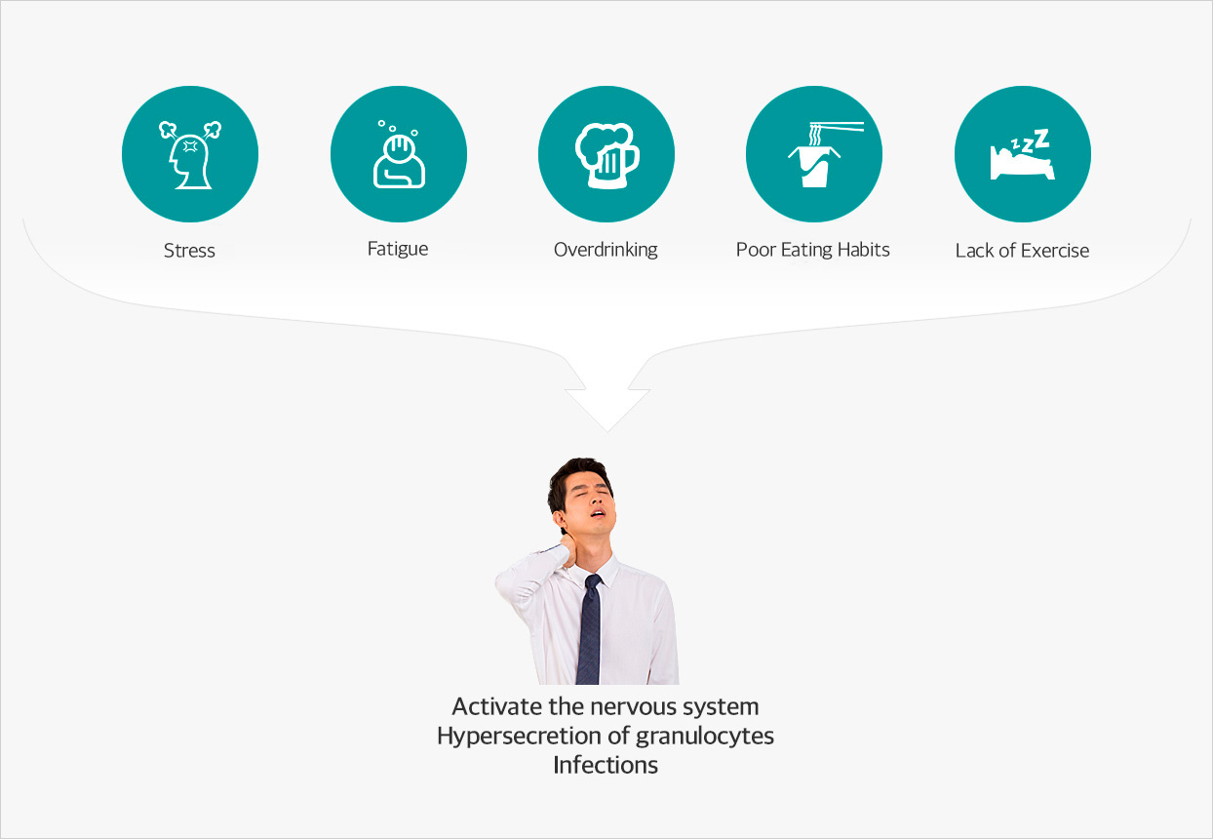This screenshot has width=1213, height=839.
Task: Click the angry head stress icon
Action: click(x=189, y=155)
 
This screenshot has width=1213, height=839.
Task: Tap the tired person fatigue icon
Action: click(x=399, y=154)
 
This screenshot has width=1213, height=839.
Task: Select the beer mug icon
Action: click(x=607, y=156)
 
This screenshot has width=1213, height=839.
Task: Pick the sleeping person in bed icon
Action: click(x=1023, y=154)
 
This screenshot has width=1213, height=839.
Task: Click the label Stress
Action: click(x=189, y=251)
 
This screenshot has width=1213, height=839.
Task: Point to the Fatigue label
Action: click(x=398, y=249)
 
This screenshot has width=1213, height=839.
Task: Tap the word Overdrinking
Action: click(x=606, y=250)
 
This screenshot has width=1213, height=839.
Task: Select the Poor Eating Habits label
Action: click(x=813, y=250)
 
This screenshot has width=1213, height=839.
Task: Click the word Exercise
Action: click(x=1055, y=251)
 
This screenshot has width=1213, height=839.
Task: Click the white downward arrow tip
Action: click(x=607, y=431)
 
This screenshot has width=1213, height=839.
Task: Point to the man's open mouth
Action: click(x=598, y=512)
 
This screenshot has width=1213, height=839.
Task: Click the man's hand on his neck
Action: click(x=568, y=548)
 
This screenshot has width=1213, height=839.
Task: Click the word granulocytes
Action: click(x=705, y=737)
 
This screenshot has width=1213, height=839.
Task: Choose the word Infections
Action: click(x=606, y=765)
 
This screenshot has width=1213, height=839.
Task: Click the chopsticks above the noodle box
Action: click(x=837, y=127)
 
